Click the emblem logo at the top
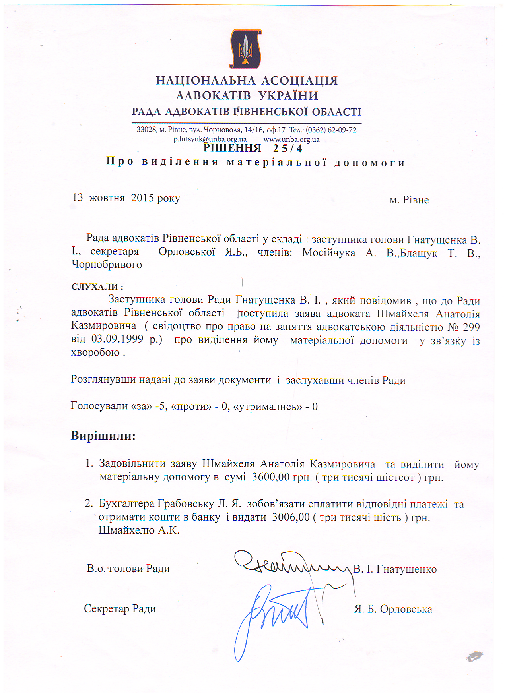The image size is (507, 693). pos(245,49)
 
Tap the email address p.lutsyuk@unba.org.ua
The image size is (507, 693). pos(210,139)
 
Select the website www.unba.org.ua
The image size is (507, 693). pos(291,139)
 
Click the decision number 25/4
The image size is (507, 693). pos(287,149)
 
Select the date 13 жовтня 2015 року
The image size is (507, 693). pos(126,198)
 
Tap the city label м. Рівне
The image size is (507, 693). pos(409,200)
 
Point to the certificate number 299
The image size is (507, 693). pos(471,327)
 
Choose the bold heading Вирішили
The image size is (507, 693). pos(103,436)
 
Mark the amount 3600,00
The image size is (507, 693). pos(270,477)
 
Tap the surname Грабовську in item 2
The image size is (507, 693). pos(186,504)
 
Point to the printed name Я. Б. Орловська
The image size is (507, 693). pos(393,609)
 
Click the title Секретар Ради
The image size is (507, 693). pos(120,609)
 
